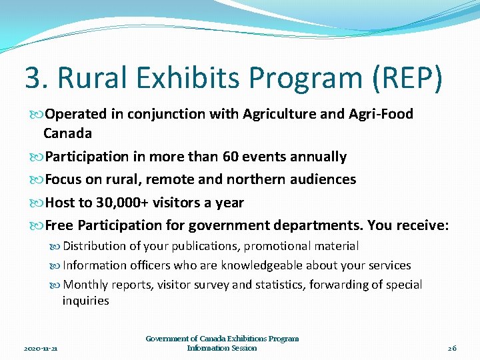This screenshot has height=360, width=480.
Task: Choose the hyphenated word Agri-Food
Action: tap(381, 114)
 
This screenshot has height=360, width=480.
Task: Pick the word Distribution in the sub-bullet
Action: tap(98, 246)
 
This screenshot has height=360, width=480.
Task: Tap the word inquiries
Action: tap(85, 301)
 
